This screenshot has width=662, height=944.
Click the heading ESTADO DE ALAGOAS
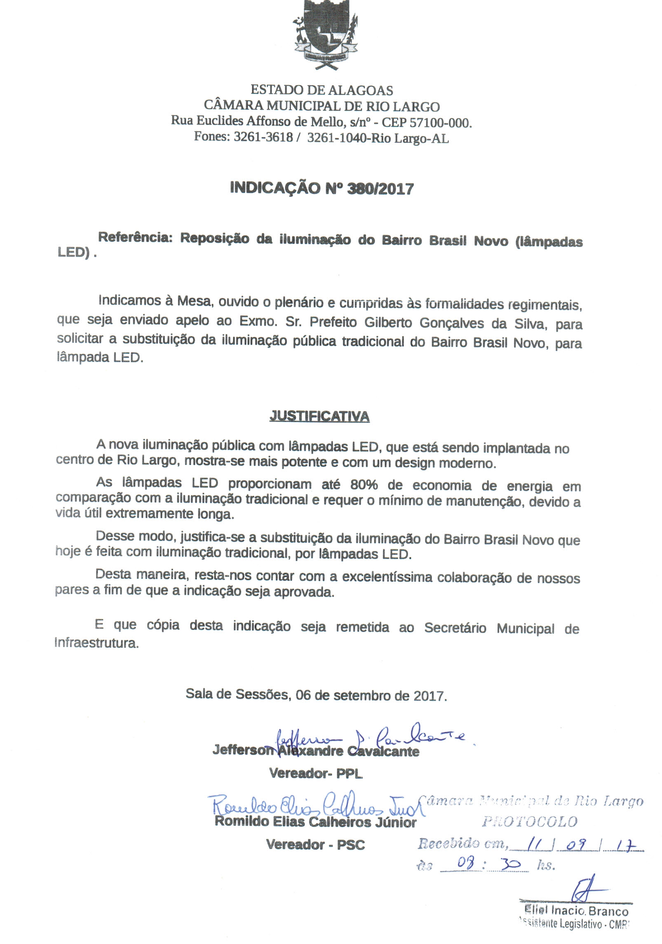322,90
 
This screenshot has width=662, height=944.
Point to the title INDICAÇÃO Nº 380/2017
322,188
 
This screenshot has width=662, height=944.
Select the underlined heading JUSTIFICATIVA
319,417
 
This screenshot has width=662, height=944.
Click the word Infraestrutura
96,643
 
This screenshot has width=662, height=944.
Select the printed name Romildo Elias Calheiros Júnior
315,822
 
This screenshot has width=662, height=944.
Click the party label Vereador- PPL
316,773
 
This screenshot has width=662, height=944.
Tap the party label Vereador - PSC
315,845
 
